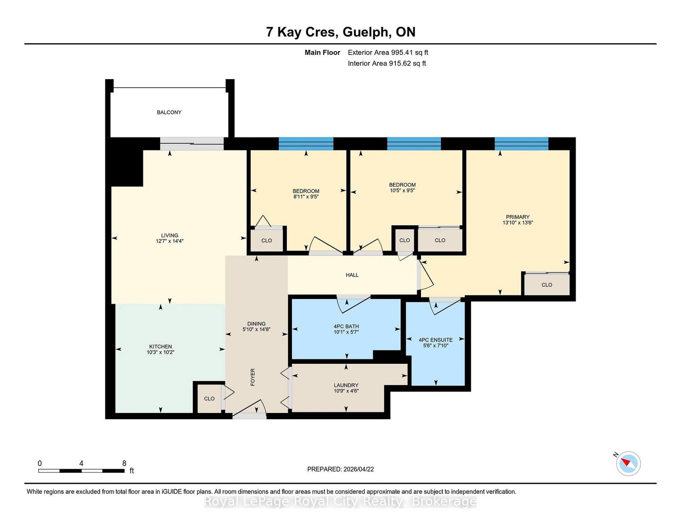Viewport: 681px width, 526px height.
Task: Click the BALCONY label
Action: [169, 112]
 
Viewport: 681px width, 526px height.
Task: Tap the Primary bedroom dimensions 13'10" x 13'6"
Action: [518, 223]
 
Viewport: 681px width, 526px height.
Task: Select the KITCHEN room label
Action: [160, 346]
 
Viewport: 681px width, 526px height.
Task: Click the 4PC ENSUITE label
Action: [435, 340]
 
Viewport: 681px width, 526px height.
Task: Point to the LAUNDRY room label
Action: [346, 385]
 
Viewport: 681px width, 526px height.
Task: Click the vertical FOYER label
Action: [253, 377]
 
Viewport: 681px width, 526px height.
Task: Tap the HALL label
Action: [352, 275]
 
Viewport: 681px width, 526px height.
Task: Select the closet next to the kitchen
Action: [209, 399]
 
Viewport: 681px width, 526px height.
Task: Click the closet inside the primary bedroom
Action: [547, 285]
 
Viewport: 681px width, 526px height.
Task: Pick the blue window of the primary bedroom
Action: [521, 143]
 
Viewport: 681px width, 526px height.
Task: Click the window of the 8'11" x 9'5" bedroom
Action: [306, 143]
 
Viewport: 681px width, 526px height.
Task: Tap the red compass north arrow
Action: [626, 462]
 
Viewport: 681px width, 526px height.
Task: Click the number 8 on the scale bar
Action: [124, 463]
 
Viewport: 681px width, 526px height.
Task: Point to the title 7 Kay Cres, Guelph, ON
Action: [340, 32]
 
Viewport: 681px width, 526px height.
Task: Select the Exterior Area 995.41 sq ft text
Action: [388, 52]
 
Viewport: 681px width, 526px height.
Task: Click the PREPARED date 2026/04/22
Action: [340, 469]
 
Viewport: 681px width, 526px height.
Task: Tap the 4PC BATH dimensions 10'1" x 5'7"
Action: [346, 332]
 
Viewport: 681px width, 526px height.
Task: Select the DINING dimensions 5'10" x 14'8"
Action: [256, 329]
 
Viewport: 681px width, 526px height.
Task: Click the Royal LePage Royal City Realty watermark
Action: [340, 502]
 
